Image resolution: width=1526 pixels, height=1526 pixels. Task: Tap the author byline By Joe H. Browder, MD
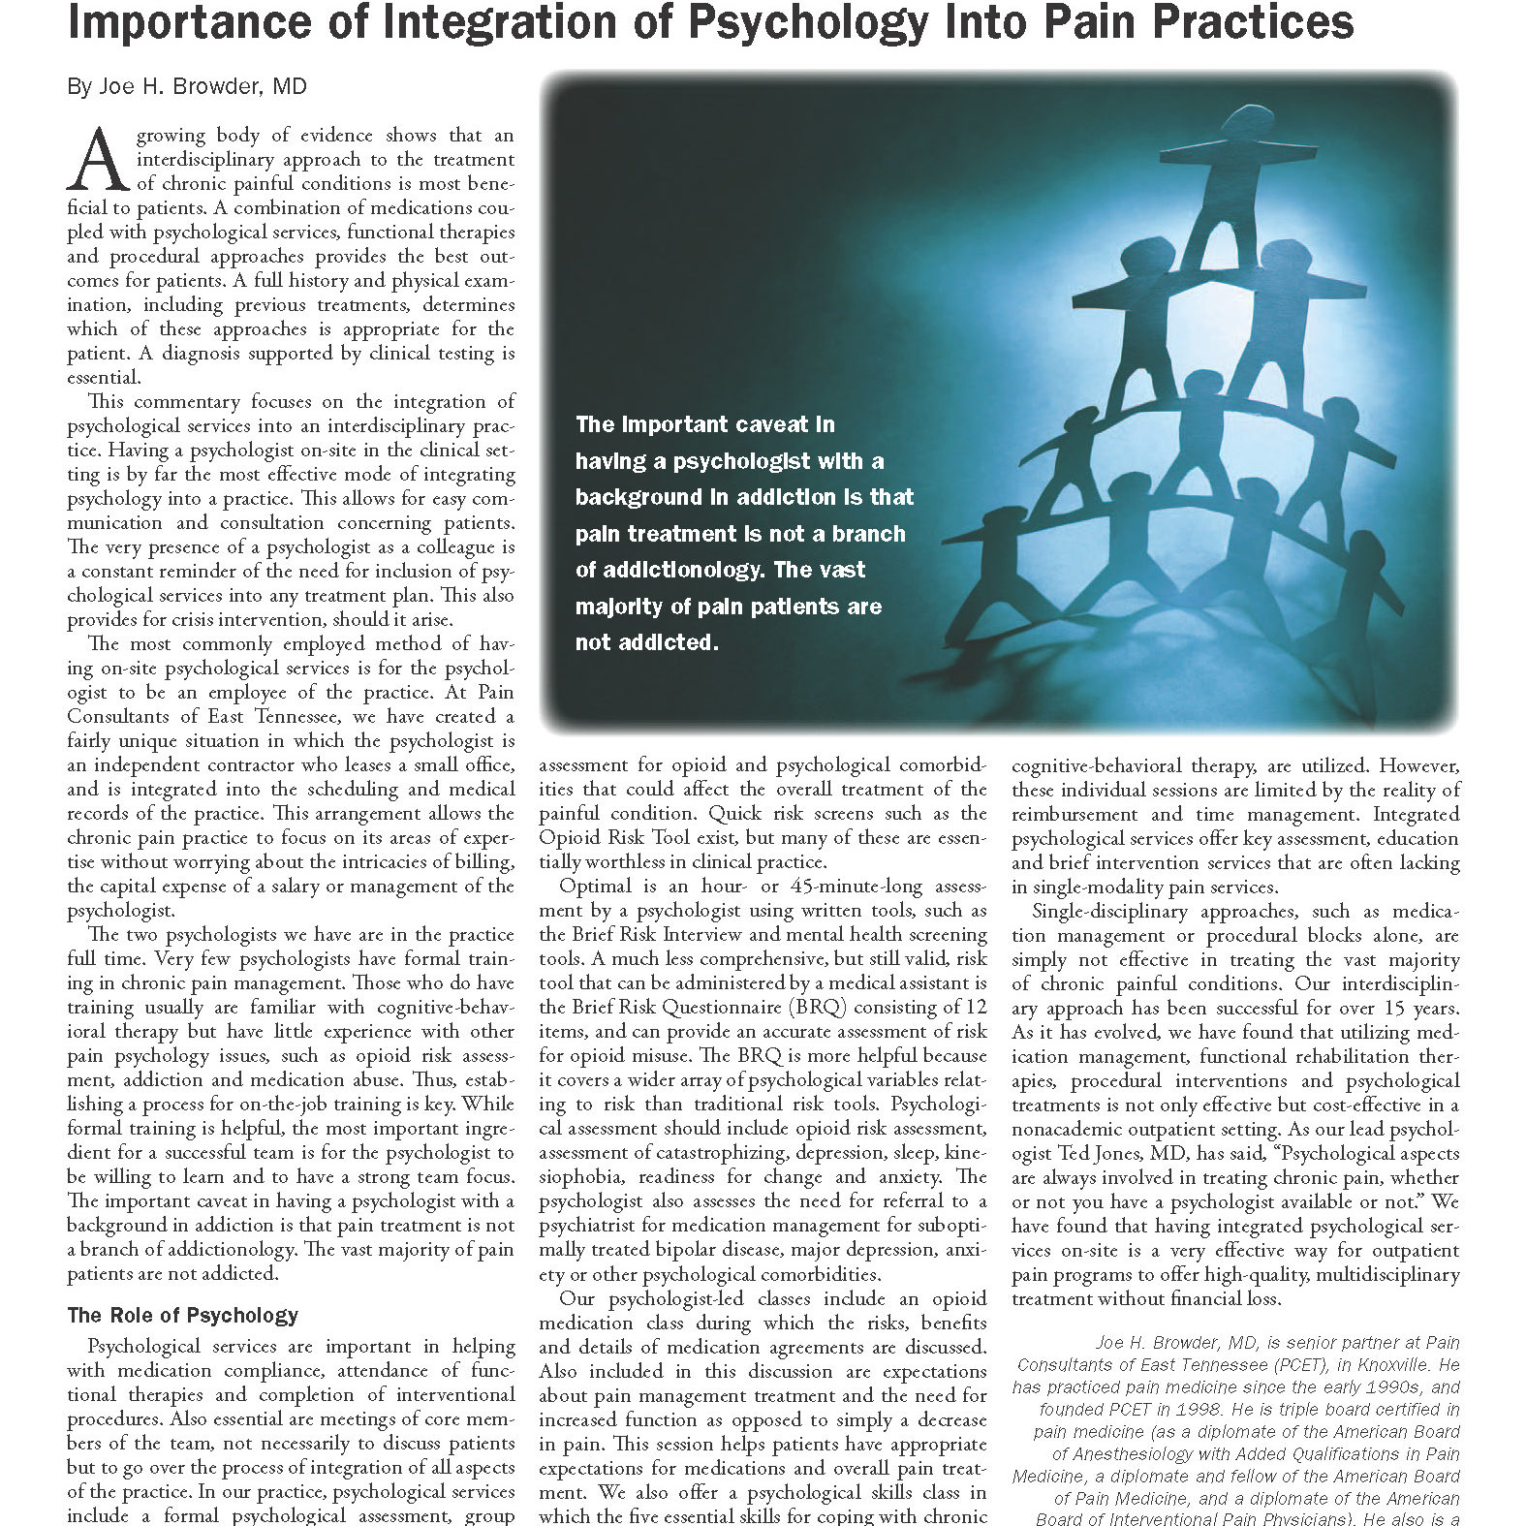pyautogui.click(x=187, y=87)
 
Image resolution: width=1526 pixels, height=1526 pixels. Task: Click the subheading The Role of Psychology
pyautogui.click(x=182, y=1316)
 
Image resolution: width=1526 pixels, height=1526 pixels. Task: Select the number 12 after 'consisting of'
pyautogui.click(x=976, y=1007)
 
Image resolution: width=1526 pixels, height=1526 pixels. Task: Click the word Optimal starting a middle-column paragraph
pyautogui.click(x=595, y=886)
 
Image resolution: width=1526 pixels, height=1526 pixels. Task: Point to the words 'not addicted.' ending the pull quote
pyautogui.click(x=646, y=642)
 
